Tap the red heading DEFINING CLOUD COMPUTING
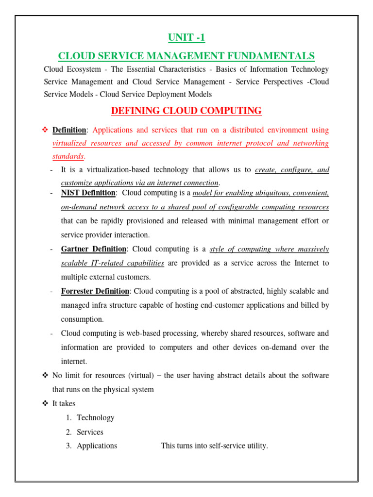tap(186, 111)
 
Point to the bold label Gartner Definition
tap(94, 249)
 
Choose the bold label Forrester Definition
tap(95, 291)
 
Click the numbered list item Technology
tap(96, 417)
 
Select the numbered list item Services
tap(90, 432)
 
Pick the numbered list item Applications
tap(97, 446)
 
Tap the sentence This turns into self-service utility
tap(214, 446)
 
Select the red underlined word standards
tap(68, 156)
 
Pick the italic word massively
tap(310, 249)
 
